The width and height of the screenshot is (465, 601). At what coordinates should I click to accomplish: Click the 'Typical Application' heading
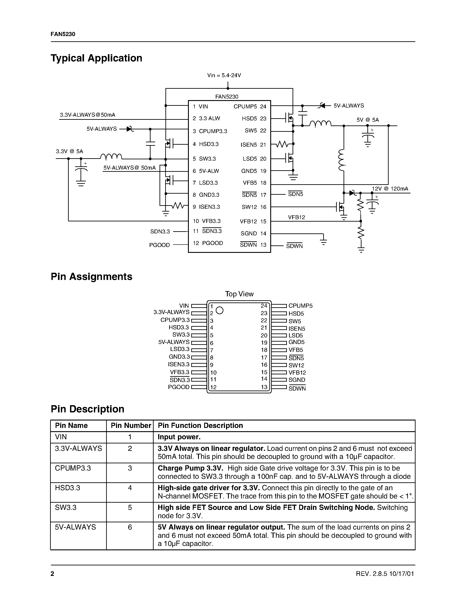point(97,58)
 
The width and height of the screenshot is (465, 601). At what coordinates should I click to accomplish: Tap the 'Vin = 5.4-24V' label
point(224,75)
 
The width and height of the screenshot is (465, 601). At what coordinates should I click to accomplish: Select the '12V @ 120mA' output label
point(390,189)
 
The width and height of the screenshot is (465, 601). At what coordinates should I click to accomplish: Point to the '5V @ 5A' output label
point(367,120)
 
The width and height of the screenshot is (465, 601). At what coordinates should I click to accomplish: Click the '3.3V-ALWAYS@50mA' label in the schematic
point(87,115)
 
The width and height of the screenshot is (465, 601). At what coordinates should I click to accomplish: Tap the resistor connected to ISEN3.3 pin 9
point(178,206)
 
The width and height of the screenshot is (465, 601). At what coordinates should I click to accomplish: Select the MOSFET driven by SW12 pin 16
point(340,207)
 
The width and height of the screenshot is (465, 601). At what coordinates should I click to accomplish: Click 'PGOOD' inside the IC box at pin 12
point(212,243)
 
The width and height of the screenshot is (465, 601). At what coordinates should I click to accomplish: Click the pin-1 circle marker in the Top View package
point(219,310)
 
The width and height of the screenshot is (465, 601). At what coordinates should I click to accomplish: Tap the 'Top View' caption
point(239,294)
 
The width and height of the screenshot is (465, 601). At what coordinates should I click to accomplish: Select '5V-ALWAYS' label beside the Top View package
point(174,342)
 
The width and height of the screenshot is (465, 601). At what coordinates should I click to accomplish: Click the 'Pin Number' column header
point(131,426)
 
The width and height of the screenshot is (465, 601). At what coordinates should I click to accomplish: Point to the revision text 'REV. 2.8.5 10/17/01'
point(385,574)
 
